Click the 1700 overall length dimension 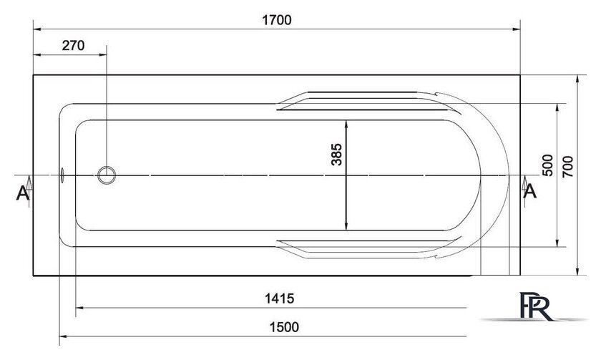point(277,20)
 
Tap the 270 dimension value point(73,46)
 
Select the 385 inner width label point(336,154)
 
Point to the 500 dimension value point(548,165)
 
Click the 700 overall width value point(567,166)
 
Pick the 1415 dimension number point(280,298)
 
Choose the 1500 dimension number point(284,327)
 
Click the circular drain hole point(107,175)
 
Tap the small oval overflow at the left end point(62,175)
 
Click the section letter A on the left point(22,193)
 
